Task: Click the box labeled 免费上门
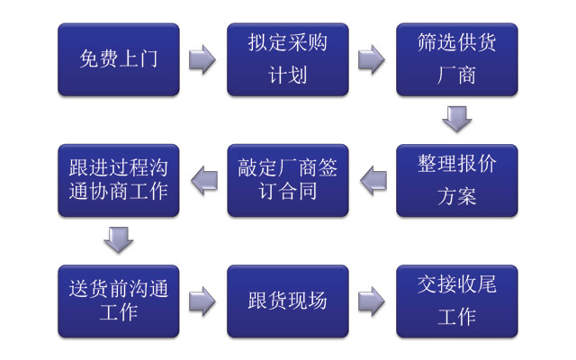point(118,59)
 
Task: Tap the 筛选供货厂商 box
point(457,59)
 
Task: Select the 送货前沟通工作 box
point(118,301)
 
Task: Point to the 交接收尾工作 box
point(457,301)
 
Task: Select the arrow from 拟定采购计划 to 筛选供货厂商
point(372,59)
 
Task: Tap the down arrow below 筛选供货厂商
point(457,119)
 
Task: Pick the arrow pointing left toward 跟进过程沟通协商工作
point(203,180)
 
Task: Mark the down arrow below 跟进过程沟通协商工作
point(118,239)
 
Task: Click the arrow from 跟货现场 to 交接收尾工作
point(372,301)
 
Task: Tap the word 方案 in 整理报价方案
point(457,195)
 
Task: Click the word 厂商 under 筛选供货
point(457,75)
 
